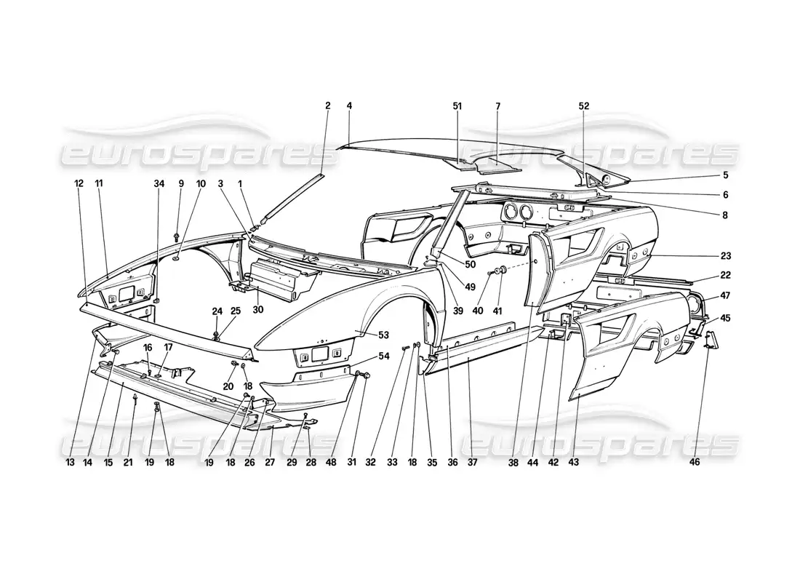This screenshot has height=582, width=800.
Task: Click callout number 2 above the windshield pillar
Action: coord(327,105)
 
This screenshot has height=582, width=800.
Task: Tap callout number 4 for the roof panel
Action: coord(349,105)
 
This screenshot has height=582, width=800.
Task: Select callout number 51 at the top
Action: coord(457,105)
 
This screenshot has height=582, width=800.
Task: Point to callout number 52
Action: coord(584,105)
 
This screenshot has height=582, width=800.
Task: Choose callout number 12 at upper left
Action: coord(79,183)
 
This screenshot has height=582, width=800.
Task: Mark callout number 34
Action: coord(159,183)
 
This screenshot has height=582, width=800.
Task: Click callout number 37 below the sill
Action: coord(471,461)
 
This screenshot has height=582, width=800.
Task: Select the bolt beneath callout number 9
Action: coord(177,236)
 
